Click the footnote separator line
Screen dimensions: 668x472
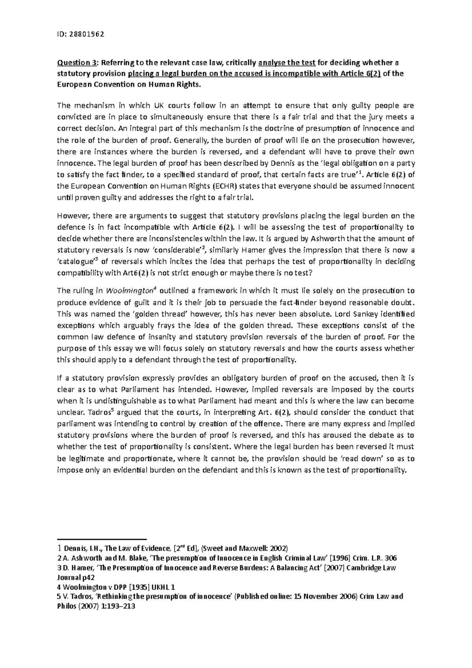(x=101, y=539)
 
